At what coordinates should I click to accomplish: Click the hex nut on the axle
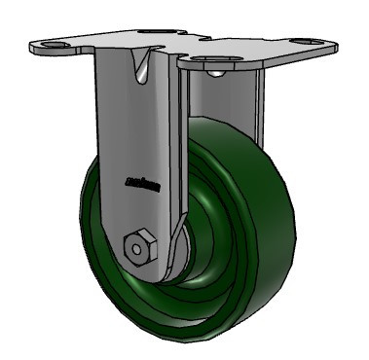click(139, 245)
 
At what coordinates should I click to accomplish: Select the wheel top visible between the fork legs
click(204, 126)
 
